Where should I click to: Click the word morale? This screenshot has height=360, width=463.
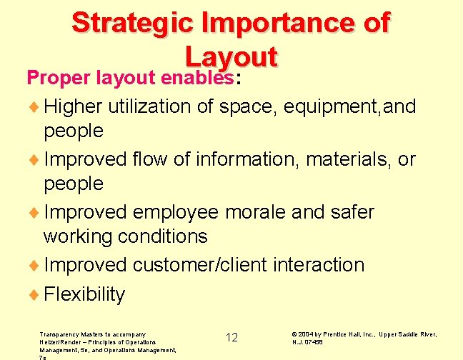(x=265, y=212)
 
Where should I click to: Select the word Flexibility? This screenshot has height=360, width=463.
(x=84, y=294)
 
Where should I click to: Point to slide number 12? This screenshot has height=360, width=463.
(x=231, y=337)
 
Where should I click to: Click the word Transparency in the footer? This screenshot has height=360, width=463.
(x=61, y=334)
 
